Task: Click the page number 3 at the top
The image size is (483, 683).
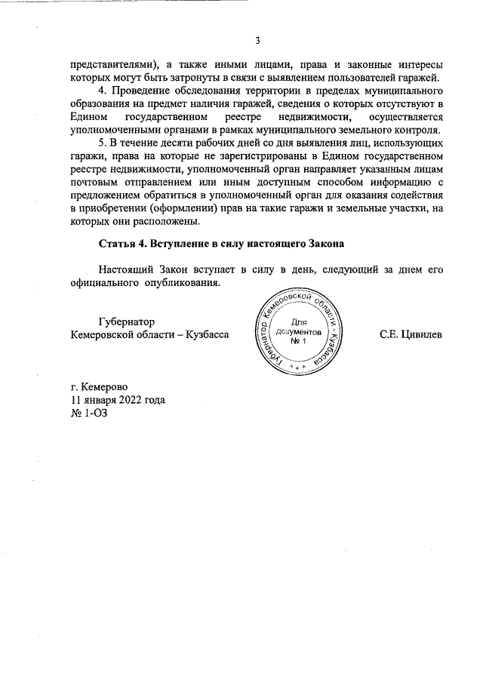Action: pyautogui.click(x=257, y=41)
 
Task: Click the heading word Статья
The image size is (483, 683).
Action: pyautogui.click(x=120, y=245)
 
